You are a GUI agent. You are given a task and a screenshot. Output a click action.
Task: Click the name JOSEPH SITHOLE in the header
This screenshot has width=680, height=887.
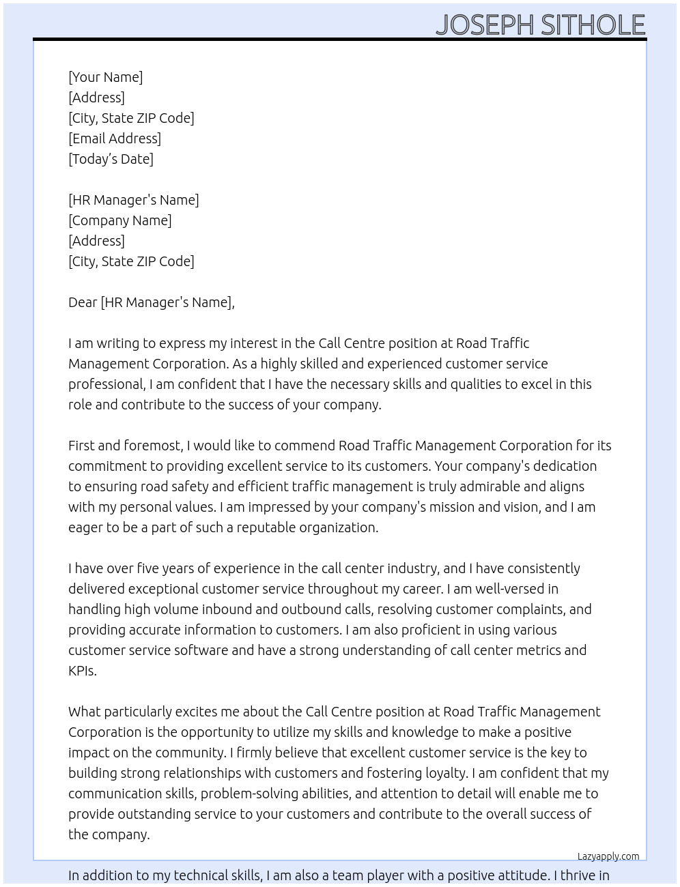tap(540, 25)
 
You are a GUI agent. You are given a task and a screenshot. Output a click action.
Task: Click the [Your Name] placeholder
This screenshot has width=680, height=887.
tap(106, 77)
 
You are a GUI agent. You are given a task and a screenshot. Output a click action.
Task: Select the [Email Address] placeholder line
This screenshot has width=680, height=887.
tap(115, 139)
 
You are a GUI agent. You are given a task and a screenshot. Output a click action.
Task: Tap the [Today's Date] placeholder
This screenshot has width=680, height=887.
tap(111, 159)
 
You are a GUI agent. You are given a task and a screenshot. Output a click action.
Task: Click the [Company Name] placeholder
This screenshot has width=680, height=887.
tap(120, 220)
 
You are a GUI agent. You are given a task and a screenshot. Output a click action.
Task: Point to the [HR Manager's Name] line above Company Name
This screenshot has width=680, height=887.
tap(134, 200)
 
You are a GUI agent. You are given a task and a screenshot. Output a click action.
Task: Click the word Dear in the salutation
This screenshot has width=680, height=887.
tap(83, 302)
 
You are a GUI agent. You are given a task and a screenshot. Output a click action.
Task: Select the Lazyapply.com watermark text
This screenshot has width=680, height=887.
tap(608, 856)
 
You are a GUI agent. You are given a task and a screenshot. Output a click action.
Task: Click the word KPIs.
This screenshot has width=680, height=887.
tap(82, 671)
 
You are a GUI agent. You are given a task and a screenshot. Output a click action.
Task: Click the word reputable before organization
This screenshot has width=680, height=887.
tap(266, 527)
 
